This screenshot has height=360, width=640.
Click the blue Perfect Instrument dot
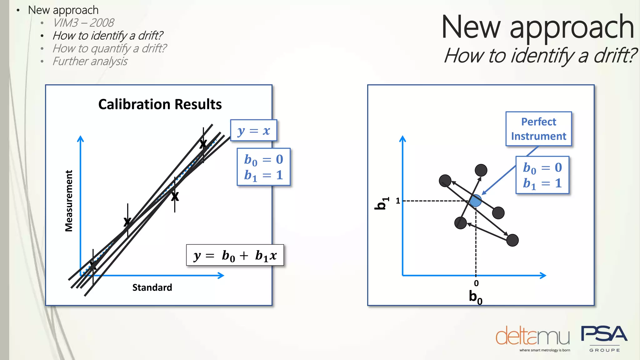[x=476, y=201]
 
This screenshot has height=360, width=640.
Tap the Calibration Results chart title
[x=160, y=104]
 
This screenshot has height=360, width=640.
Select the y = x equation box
[x=253, y=131]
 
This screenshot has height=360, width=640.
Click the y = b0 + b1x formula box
[x=235, y=255]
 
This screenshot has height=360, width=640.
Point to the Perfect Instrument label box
[x=538, y=129]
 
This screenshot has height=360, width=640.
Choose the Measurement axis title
[x=69, y=201]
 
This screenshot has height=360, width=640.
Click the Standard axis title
[x=152, y=287]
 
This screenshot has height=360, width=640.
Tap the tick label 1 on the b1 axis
[x=398, y=201]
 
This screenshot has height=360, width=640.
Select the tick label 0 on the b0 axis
[x=476, y=283]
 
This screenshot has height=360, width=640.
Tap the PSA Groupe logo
[x=604, y=337]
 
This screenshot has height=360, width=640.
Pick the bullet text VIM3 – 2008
[x=83, y=23]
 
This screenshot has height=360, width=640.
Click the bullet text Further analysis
[x=90, y=61]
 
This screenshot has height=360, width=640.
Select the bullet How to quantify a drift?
[x=109, y=48]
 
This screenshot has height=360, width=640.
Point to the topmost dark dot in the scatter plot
[x=481, y=170]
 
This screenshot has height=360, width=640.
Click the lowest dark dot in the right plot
[x=512, y=240]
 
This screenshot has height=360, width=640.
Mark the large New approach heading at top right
[x=537, y=27]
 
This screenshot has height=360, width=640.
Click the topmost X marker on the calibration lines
[x=203, y=144]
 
